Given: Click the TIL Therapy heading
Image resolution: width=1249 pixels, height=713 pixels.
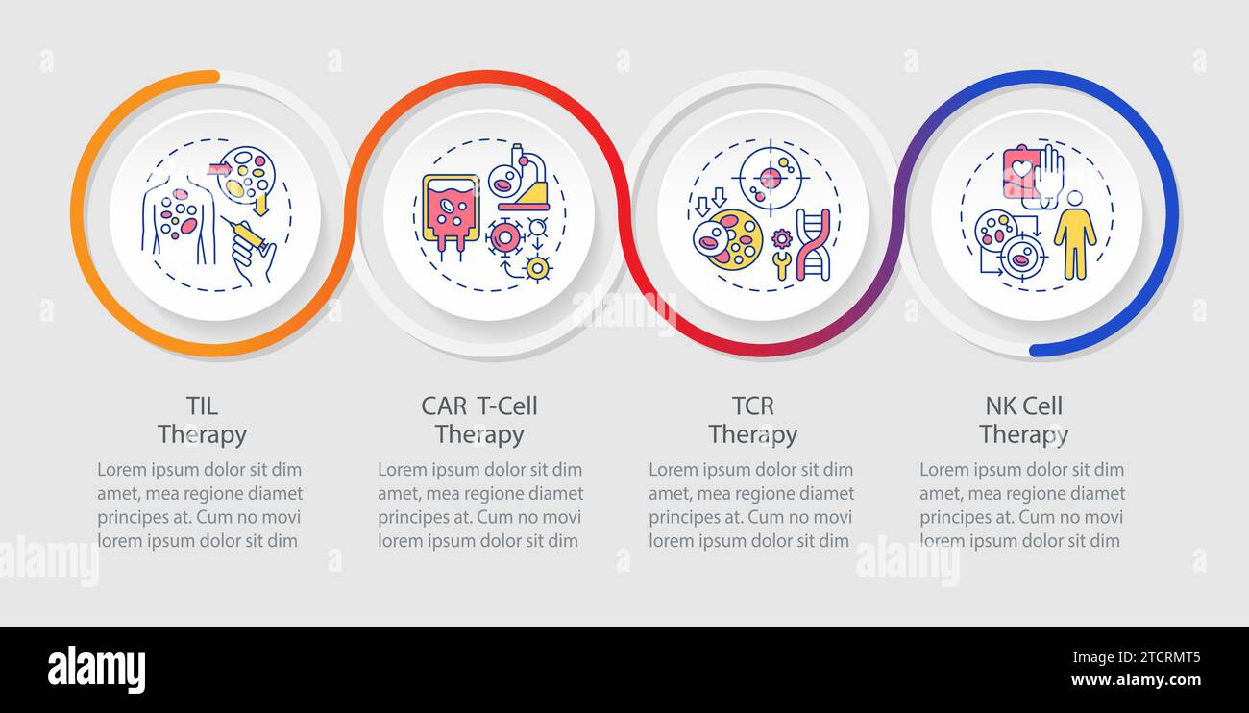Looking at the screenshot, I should pyautogui.click(x=202, y=421).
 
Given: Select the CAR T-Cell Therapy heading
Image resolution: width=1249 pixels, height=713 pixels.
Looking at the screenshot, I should pyautogui.click(x=479, y=421).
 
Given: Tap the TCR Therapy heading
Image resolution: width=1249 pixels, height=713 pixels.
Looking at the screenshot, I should pyautogui.click(x=753, y=421).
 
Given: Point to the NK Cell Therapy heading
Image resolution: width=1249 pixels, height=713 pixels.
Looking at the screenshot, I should pyautogui.click(x=1023, y=421).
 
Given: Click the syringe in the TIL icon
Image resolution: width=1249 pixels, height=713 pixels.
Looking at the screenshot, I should pyautogui.click(x=248, y=234).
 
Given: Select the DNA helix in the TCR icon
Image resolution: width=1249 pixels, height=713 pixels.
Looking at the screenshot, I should pyautogui.click(x=812, y=244).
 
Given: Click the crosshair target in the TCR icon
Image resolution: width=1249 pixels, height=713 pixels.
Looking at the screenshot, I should pyautogui.click(x=769, y=177).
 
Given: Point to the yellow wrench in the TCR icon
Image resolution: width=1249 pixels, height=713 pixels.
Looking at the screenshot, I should pyautogui.click(x=780, y=264).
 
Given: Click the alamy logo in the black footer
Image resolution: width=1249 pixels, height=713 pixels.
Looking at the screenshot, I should pyautogui.click(x=96, y=670).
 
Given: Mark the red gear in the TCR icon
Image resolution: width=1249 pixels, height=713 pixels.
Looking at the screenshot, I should pyautogui.click(x=781, y=237).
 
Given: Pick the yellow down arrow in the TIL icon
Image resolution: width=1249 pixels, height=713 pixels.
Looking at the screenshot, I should pyautogui.click(x=260, y=204).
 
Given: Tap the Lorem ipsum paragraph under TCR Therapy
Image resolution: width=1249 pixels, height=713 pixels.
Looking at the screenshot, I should pyautogui.click(x=751, y=504).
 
